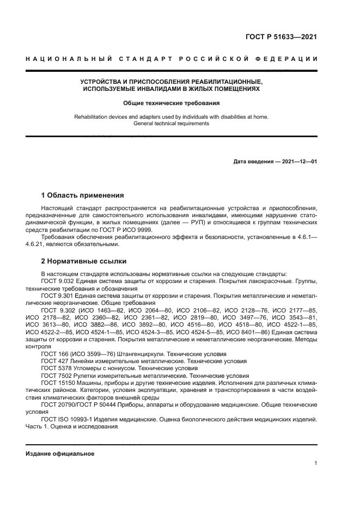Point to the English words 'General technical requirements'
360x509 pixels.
click(x=171, y=124)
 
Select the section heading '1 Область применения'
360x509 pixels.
click(x=82, y=195)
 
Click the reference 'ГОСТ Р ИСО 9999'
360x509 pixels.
click(x=133, y=229)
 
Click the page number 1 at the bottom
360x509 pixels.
click(x=315, y=463)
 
